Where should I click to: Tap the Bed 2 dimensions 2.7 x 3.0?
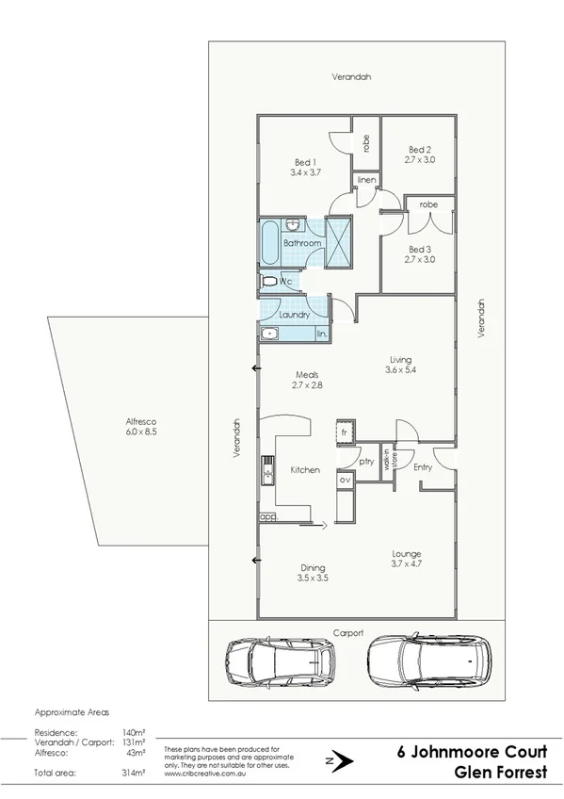pyautogui.click(x=420, y=162)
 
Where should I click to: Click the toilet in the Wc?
pyautogui.click(x=269, y=281)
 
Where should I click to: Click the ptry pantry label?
pyautogui.click(x=366, y=463)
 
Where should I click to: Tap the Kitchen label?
pyautogui.click(x=305, y=469)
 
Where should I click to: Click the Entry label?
pyautogui.click(x=423, y=467)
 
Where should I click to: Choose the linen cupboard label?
pyautogui.click(x=366, y=179)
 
